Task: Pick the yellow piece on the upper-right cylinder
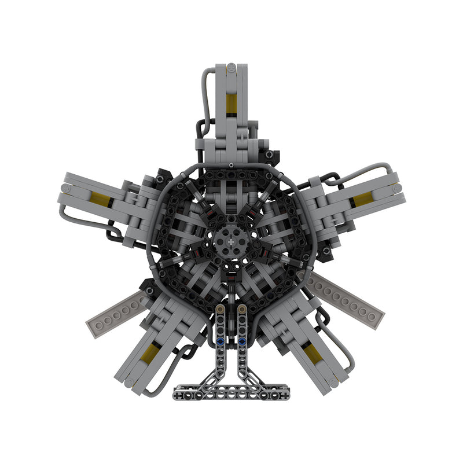(x=363, y=200)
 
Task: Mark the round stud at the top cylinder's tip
(x=231, y=67)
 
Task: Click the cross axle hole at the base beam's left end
(x=178, y=396)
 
